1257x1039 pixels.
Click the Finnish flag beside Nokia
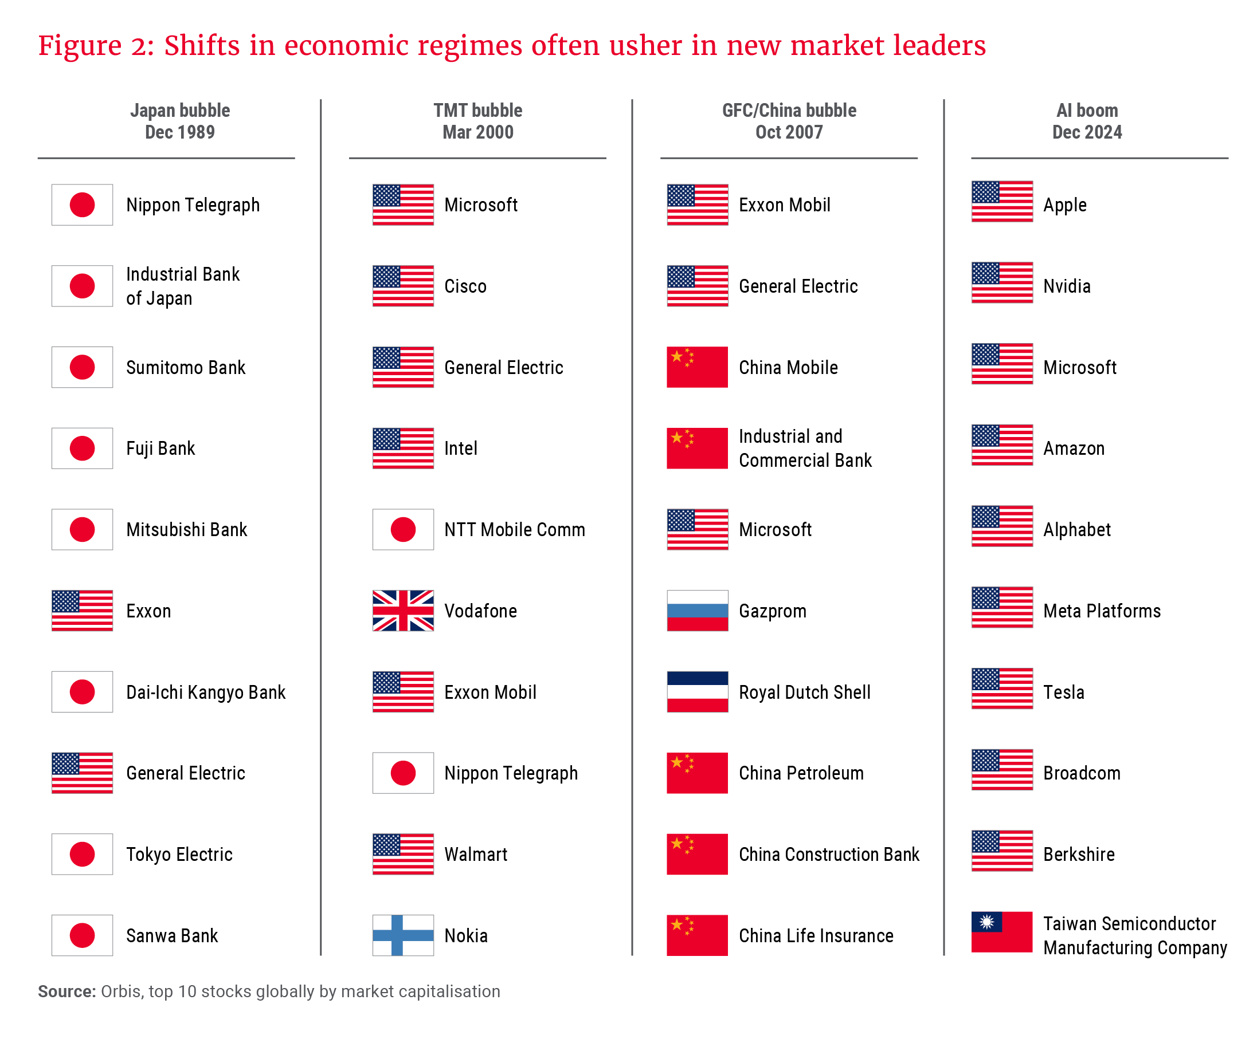403,934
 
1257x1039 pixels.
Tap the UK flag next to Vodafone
403,610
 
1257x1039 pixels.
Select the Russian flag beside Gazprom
697,610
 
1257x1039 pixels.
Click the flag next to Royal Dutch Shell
697,691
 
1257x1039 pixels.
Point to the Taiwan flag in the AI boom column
1001,931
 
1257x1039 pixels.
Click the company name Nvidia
1066,286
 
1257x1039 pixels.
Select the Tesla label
1063,692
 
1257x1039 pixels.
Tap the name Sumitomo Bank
186,367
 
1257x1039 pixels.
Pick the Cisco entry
465,286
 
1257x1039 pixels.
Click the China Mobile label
788,367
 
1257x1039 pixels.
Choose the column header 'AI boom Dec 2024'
1086,121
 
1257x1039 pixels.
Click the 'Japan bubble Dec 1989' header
179,121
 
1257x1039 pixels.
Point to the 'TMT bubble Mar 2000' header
477,121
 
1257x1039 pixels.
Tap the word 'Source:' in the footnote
66,991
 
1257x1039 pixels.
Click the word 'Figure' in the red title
80,45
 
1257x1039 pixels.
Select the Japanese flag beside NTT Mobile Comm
403,529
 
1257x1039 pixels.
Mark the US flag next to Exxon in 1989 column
82,610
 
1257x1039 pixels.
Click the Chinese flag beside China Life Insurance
697,934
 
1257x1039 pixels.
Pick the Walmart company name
475,854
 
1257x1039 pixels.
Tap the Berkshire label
1079,854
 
